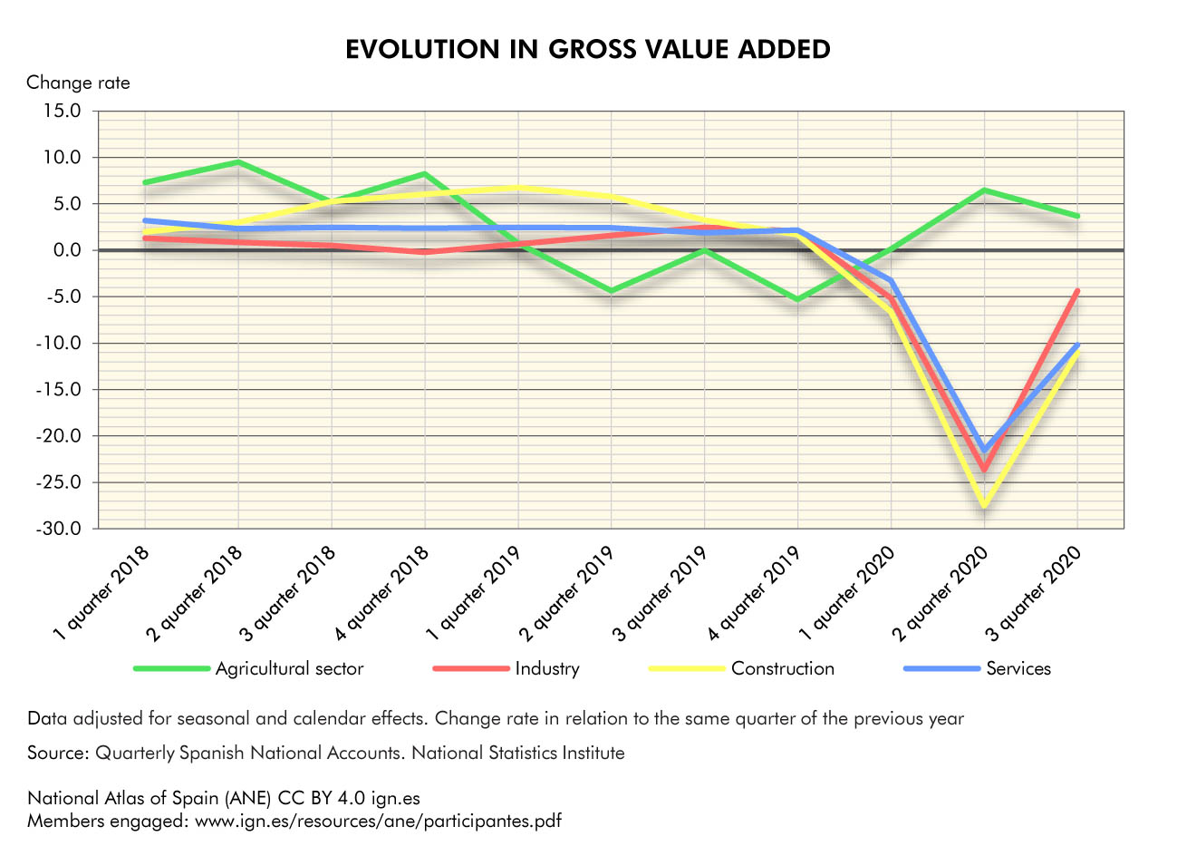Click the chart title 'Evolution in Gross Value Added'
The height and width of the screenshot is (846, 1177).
click(588, 49)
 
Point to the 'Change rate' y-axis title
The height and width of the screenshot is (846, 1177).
click(78, 83)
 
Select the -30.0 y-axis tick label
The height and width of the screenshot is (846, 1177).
click(57, 529)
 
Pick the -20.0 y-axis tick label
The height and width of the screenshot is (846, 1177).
click(57, 436)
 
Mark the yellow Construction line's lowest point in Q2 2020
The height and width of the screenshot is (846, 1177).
click(984, 505)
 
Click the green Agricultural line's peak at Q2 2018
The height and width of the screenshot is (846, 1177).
click(238, 162)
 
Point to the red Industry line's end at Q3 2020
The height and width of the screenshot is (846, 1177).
click(1076, 291)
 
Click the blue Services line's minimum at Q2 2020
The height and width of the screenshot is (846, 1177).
click(984, 450)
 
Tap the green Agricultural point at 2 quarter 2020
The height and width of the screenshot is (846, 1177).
click(984, 190)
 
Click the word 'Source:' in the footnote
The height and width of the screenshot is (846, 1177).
click(58, 753)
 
